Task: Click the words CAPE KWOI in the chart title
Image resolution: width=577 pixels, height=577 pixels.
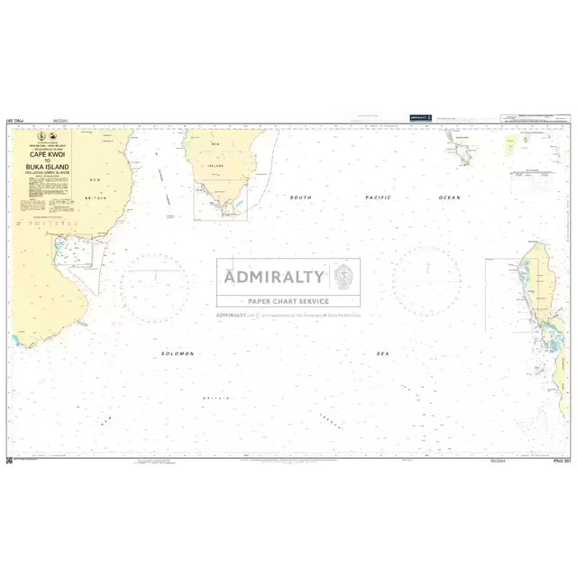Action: click(47, 154)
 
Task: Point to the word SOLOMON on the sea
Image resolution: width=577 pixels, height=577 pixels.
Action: click(177, 354)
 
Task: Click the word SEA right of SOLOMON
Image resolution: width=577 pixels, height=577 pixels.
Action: click(382, 354)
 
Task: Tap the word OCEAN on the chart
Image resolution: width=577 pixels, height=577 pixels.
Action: click(449, 197)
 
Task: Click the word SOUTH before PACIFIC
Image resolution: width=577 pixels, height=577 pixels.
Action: click(300, 197)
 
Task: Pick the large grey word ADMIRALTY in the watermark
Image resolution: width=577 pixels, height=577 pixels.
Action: click(275, 277)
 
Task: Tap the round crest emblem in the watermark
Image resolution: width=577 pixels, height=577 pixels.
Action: click(344, 275)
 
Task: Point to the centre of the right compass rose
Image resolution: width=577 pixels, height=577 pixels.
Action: click(426, 281)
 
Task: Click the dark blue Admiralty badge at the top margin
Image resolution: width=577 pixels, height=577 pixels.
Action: click(420, 117)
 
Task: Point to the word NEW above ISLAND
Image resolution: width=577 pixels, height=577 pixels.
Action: click(216, 144)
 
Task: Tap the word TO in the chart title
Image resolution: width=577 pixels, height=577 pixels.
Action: click(47, 161)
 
